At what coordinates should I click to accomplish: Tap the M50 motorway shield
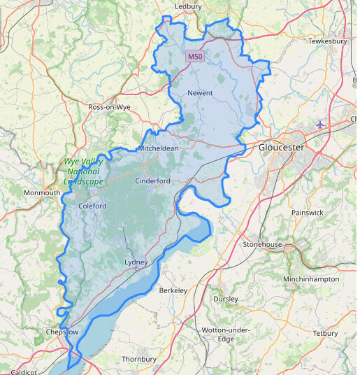click(194, 56)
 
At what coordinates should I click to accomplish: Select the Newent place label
click(200, 93)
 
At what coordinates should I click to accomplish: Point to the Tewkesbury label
click(328, 41)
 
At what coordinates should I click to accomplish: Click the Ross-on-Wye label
click(110, 107)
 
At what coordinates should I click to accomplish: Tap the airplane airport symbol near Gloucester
click(321, 125)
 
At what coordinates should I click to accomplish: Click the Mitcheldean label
click(158, 148)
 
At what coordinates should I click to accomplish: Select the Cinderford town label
click(153, 181)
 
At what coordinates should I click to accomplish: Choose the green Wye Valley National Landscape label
click(83, 171)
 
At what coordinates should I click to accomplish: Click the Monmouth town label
click(42, 192)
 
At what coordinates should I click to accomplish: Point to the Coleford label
click(92, 206)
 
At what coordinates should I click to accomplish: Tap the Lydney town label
click(136, 262)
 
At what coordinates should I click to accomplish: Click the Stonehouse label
click(262, 244)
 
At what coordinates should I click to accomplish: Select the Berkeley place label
click(174, 290)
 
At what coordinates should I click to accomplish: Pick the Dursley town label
click(226, 299)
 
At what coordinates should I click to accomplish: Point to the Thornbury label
click(139, 359)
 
